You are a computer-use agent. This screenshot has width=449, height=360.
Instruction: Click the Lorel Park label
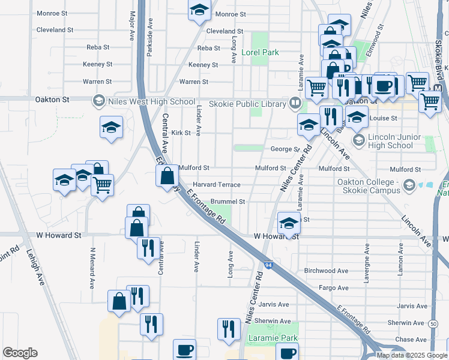pyautogui.click(x=260, y=52)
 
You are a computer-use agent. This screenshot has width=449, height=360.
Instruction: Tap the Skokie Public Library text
pyautogui.click(x=247, y=104)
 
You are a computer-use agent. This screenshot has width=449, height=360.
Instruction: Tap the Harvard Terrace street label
pyautogui.click(x=216, y=185)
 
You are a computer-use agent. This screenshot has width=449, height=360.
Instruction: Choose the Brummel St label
pyautogui.click(x=228, y=202)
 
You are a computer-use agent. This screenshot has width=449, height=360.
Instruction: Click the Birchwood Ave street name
pyautogui.click(x=327, y=271)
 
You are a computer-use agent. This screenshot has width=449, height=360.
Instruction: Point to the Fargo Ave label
pyautogui.click(x=334, y=288)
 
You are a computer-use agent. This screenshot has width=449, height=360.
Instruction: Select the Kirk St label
pyautogui.click(x=181, y=133)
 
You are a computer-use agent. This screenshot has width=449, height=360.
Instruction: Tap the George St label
pyautogui.click(x=285, y=149)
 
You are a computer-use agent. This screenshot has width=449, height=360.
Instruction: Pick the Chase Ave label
pyautogui.click(x=411, y=340)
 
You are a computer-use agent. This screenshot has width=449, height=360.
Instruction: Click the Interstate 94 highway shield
pyautogui.click(x=268, y=264)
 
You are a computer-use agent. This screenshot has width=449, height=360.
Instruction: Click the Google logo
pyautogui.click(x=20, y=353)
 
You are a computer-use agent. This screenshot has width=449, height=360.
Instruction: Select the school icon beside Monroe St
pyautogui.click(x=199, y=10)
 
